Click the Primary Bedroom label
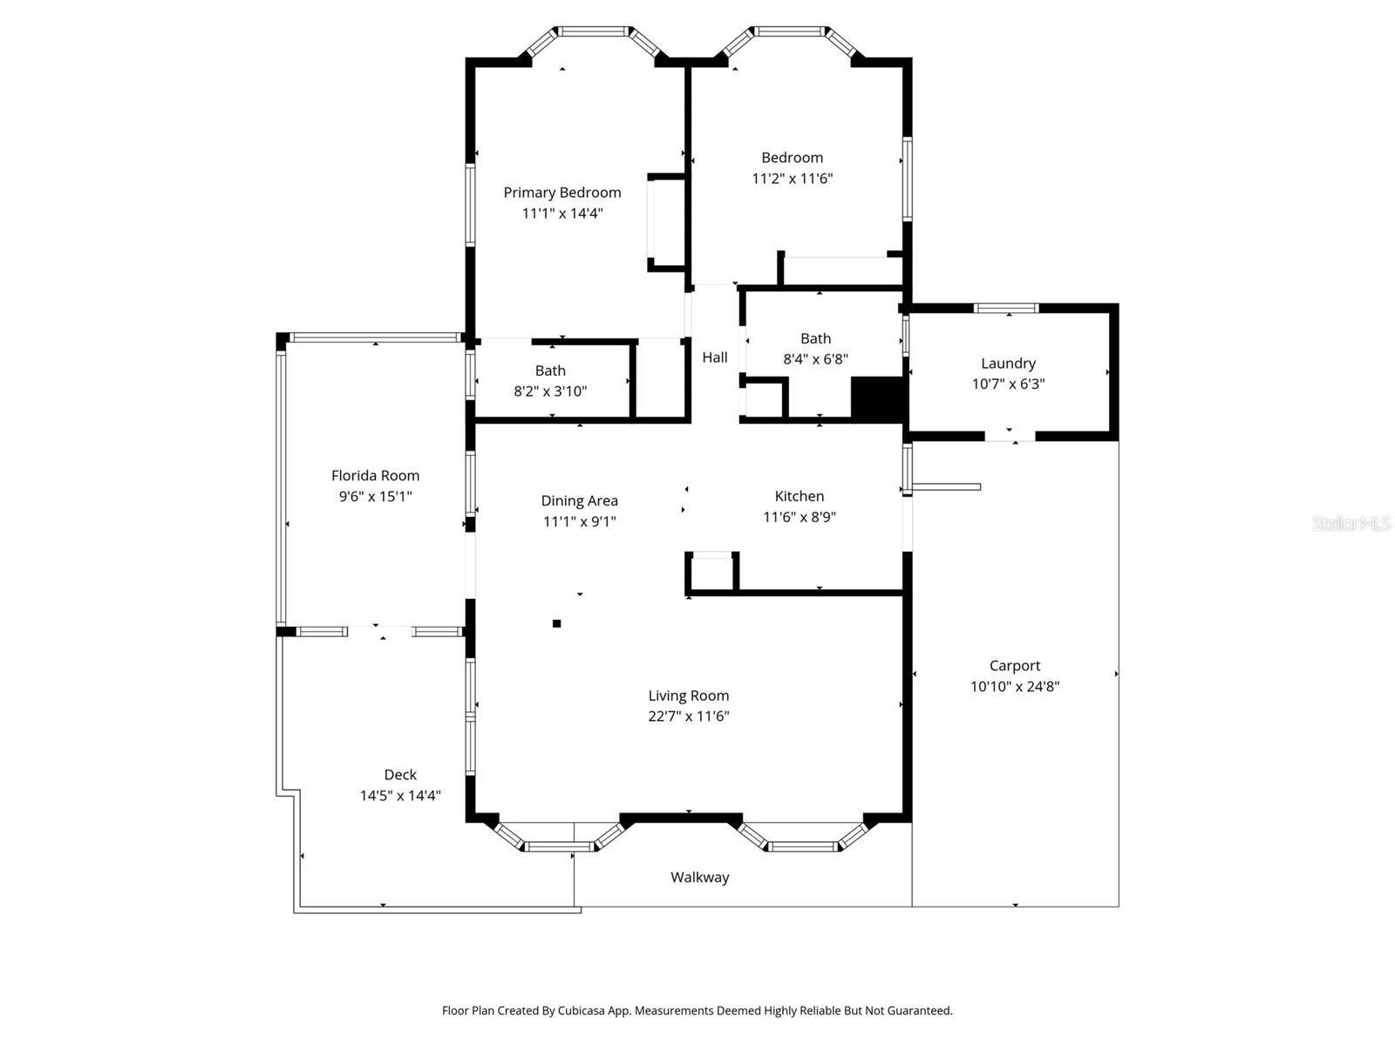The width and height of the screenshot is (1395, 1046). [562, 193]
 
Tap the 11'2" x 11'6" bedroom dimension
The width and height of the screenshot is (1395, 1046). [793, 179]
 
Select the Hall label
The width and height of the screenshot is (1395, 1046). [715, 357]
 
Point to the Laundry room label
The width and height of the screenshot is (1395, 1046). [1008, 363]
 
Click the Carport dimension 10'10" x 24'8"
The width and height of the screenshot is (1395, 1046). [1015, 687]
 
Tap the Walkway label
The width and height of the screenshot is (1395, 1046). [699, 878]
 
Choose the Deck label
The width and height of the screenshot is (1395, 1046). [400, 775]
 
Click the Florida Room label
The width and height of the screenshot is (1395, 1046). [375, 476]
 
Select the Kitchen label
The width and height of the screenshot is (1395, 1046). [799, 497]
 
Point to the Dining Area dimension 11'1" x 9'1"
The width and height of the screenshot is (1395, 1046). [579, 522]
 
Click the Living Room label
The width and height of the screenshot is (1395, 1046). [688, 696]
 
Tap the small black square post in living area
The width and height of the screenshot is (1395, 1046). [557, 623]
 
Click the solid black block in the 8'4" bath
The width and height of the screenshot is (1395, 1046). [876, 399]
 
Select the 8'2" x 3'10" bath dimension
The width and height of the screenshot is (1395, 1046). [550, 391]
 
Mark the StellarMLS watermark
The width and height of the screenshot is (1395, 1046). [1351, 524]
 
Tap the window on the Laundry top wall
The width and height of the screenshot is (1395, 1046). [1006, 308]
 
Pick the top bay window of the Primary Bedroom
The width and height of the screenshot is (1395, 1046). [594, 31]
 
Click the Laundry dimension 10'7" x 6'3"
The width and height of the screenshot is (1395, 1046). [1008, 384]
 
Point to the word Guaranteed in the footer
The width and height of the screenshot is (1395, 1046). [920, 1011]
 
